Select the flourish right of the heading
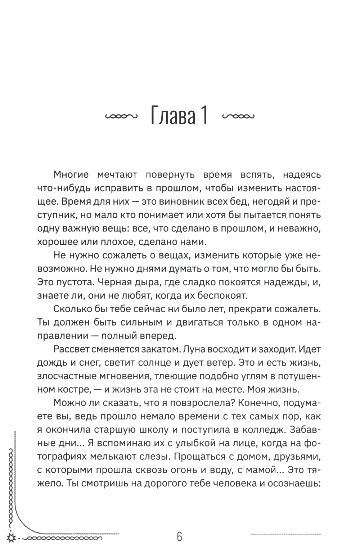239,117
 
